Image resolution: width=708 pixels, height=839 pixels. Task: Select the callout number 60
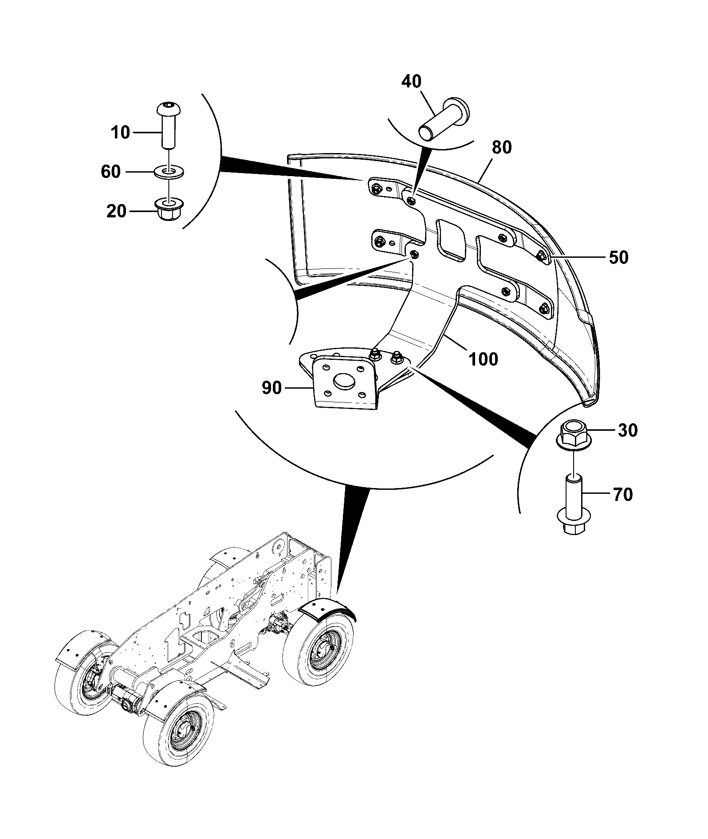pos(111,171)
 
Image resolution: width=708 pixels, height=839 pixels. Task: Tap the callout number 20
pos(116,211)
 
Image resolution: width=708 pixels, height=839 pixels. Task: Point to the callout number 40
pos(412,82)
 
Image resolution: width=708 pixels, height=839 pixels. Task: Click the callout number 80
pos(501,147)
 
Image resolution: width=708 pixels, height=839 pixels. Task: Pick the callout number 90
pos(271,388)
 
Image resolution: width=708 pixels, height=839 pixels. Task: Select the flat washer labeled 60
pos(170,172)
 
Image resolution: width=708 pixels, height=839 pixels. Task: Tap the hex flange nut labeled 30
pos(574,436)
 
